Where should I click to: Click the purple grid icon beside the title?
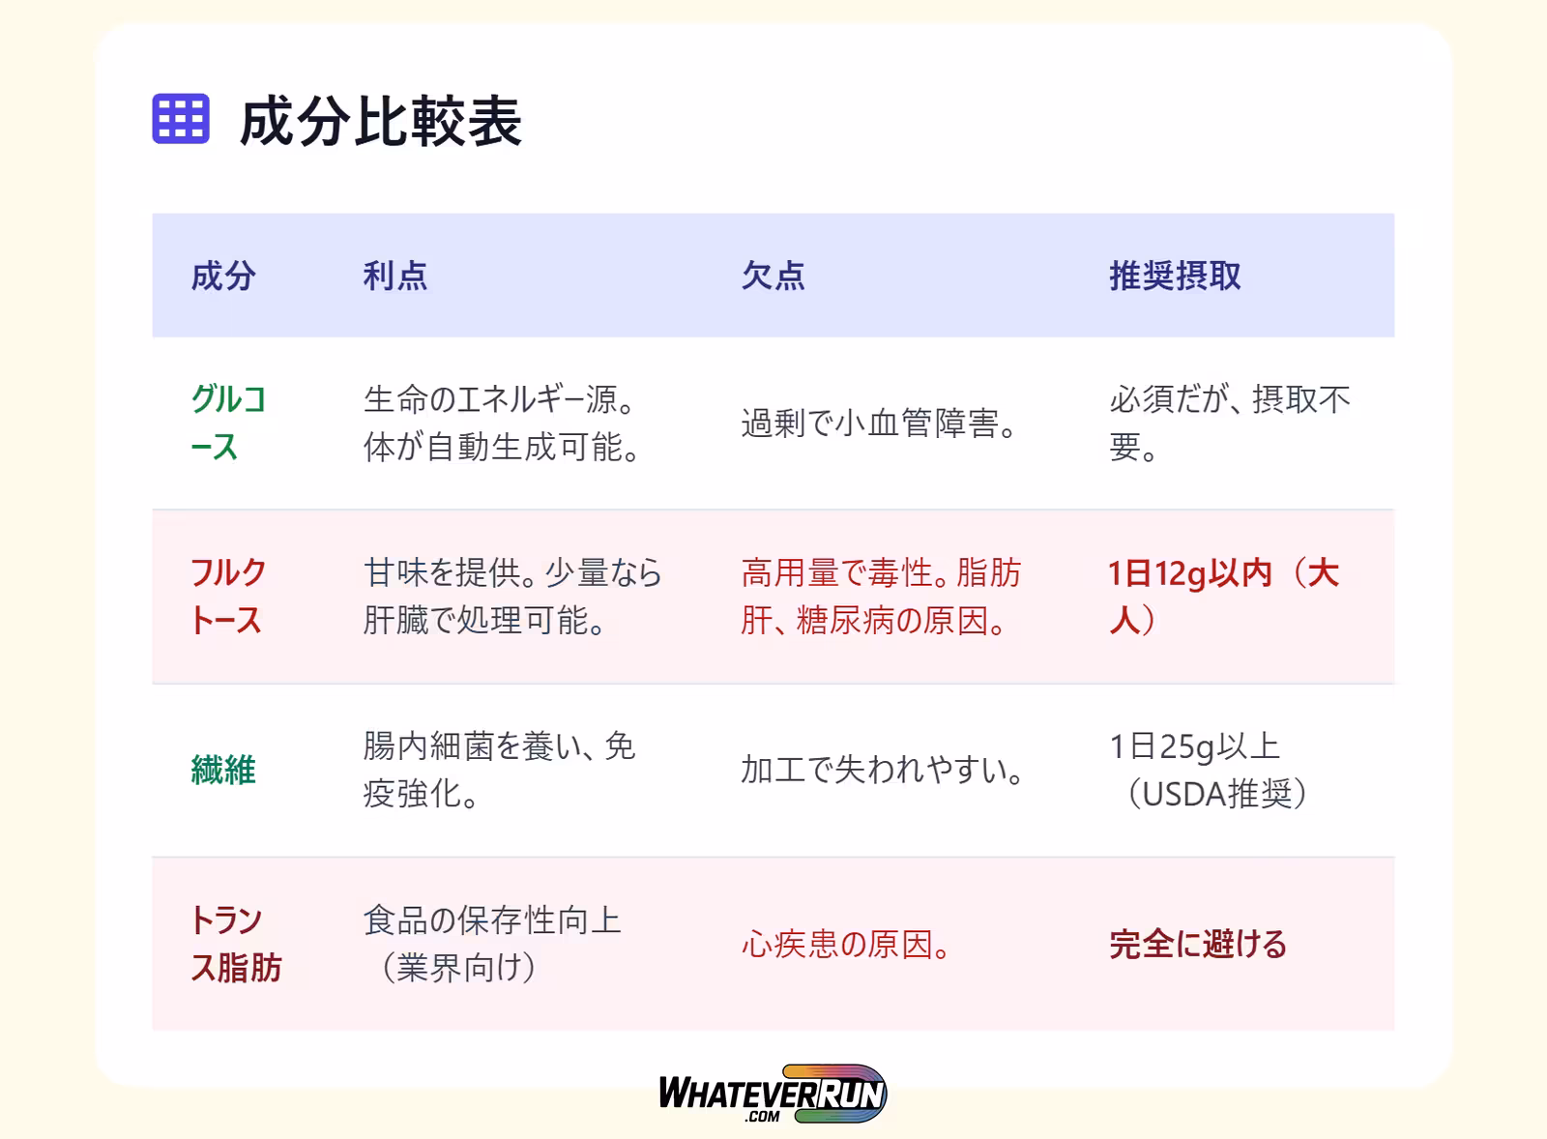(180, 119)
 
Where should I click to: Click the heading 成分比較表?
(381, 122)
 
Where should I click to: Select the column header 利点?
(395, 276)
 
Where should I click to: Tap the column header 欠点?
(773, 276)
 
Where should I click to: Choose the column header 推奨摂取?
(1175, 276)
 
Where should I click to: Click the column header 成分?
(223, 276)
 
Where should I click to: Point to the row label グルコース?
(228, 423)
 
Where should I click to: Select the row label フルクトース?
(228, 597)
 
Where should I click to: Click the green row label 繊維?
(223, 771)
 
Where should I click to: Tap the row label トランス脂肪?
(236, 944)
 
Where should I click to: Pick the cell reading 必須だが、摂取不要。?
(1229, 423)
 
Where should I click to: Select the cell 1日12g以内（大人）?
(1224, 597)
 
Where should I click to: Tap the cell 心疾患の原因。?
(845, 944)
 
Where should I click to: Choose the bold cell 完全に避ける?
(1198, 944)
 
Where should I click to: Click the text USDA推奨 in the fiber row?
(1217, 794)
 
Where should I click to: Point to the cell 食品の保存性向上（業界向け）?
(492, 944)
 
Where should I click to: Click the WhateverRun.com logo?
(773, 1094)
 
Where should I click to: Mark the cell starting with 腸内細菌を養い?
(499, 771)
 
